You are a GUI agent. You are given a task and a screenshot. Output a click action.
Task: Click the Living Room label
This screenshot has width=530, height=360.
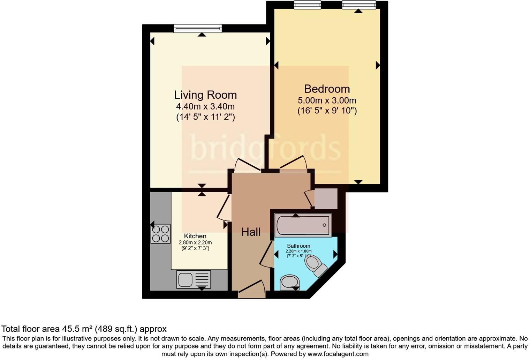coord(205,95)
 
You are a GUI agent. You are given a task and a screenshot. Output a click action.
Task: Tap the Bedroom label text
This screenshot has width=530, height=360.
coord(327,89)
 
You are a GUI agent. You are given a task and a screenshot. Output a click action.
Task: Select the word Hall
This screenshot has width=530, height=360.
coord(251,232)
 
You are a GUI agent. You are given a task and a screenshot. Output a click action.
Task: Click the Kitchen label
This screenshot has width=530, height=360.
coord(195,236)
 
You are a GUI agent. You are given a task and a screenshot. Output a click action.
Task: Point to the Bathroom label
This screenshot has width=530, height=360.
coord(298,246)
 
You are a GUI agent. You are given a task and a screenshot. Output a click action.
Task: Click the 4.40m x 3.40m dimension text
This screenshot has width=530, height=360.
coord(205,106)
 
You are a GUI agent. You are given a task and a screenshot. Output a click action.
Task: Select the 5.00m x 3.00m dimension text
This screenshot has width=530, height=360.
coord(327,100)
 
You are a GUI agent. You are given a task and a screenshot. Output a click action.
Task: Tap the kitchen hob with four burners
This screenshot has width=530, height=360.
coord(160,234)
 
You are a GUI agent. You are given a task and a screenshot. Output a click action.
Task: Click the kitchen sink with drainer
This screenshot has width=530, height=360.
coord(193,279)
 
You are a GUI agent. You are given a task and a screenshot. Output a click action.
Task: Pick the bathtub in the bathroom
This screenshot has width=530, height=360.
coord(303,225)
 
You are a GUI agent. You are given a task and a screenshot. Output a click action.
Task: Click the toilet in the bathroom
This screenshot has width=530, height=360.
coord(316,265)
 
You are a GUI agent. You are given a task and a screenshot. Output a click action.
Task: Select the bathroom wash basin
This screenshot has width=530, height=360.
coord(289,282)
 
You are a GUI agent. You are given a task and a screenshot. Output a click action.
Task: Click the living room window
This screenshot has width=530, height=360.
coord(198,28)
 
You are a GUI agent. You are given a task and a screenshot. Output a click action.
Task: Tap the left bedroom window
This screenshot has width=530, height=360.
coord(307,5)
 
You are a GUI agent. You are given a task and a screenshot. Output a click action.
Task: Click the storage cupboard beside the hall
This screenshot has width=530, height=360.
coord(326,198)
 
